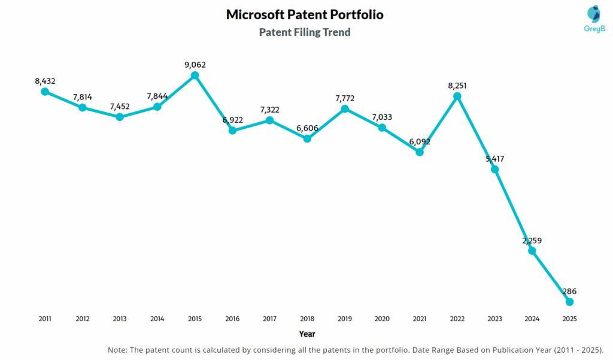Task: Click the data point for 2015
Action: [x=195, y=75]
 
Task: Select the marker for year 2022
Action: [x=457, y=96]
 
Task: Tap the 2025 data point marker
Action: [x=570, y=302]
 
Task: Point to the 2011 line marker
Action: [x=45, y=91]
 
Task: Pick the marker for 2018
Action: [x=307, y=138]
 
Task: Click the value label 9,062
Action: [x=195, y=64]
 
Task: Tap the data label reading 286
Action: [x=569, y=291]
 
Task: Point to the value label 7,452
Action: [x=120, y=106]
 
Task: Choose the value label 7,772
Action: [x=344, y=98]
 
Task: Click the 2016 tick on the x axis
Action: [x=232, y=319]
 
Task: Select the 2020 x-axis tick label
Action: [x=382, y=319]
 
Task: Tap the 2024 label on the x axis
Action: [x=532, y=319]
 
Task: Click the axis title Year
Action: [x=307, y=334]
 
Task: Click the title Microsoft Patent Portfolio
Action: [x=305, y=15]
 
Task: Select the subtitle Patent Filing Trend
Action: [x=305, y=32]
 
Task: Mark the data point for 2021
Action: [x=420, y=152]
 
